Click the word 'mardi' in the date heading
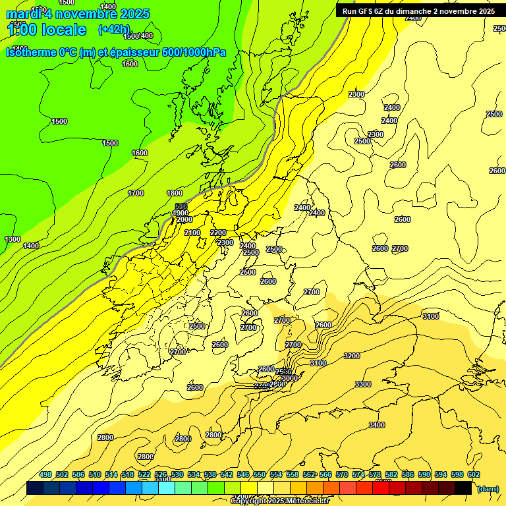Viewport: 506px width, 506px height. tap(22, 14)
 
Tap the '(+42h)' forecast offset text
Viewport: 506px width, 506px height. tap(114, 29)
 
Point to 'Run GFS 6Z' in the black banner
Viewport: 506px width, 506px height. tap(363, 11)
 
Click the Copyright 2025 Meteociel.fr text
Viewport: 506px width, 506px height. tap(280, 501)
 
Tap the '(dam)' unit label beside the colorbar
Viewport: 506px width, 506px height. tap(487, 489)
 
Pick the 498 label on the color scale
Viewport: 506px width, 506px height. tap(45, 474)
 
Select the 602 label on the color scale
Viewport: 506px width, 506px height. tap(473, 474)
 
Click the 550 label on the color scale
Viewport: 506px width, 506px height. tap(259, 474)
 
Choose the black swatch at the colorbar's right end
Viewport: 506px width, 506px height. tap(463, 488)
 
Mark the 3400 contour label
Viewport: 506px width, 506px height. tap(377, 425)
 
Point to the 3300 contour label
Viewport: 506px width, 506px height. tap(362, 384)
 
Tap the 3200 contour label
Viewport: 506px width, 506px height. tap(352, 356)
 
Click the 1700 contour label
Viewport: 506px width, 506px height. tap(136, 193)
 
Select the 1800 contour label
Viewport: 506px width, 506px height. tap(175, 193)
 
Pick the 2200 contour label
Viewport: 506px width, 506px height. tap(218, 233)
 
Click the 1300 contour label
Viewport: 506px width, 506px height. tap(12, 239)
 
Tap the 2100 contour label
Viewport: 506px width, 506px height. tap(192, 233)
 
